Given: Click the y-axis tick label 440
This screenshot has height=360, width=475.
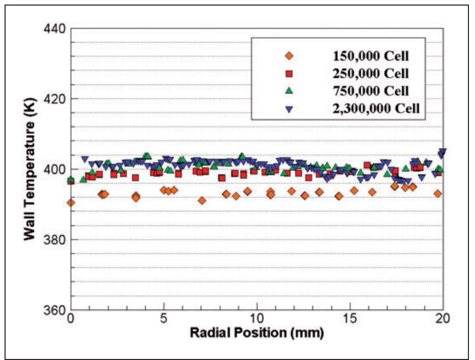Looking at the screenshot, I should [54, 28].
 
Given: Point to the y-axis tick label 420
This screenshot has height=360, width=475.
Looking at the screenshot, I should [54, 99].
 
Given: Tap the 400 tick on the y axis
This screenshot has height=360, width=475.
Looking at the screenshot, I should [54, 169].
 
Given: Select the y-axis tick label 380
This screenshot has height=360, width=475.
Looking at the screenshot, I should [54, 239].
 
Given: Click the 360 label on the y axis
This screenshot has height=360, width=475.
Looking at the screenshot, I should [54, 309].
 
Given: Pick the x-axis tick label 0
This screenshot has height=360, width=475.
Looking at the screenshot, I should [71, 320].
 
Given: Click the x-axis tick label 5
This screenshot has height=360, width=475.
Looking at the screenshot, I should [164, 320].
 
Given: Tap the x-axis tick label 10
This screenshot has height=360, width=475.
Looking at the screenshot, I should [257, 320].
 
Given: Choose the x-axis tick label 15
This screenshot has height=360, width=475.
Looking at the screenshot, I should [350, 320].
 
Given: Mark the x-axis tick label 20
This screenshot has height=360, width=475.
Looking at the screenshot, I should [443, 320].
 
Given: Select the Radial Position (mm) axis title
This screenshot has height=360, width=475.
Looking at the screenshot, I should [256, 334].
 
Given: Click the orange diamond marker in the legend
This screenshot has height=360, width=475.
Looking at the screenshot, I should [289, 56].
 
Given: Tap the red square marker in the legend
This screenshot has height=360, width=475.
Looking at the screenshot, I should [289, 73].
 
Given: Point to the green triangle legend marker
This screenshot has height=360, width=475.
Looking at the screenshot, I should [289, 91].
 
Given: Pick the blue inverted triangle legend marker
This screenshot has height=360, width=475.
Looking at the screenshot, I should [289, 108].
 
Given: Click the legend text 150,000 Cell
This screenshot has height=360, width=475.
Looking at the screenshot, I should [371, 56].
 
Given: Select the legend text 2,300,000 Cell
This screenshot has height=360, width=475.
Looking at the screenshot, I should [377, 108].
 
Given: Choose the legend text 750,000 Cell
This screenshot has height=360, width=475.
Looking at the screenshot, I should [371, 91].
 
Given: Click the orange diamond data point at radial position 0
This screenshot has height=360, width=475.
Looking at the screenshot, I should [71, 203].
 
